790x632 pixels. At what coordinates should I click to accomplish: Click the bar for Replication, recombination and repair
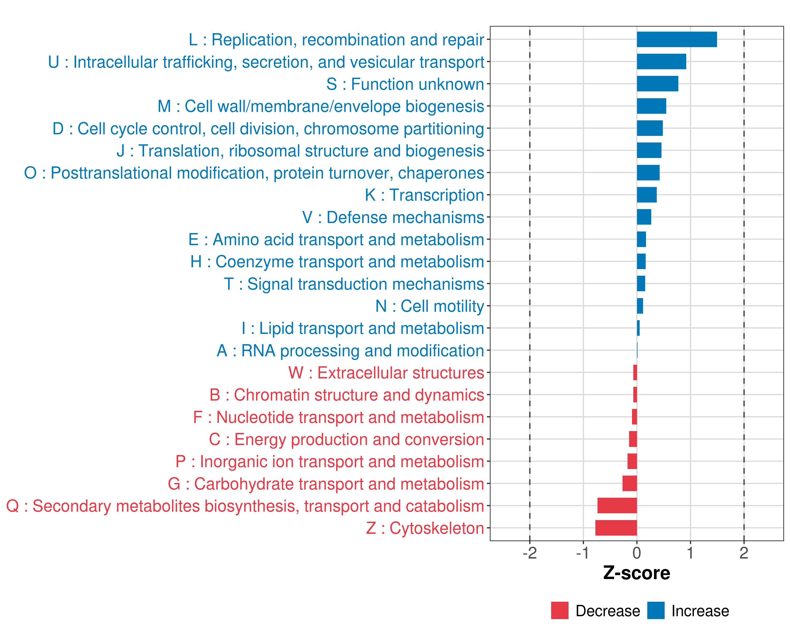pyautogui.click(x=677, y=39)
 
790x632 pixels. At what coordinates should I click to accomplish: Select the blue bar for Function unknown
pyautogui.click(x=657, y=84)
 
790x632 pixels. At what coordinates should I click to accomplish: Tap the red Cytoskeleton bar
pyautogui.click(x=616, y=528)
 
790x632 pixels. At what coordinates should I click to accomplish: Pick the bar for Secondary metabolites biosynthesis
pyautogui.click(x=617, y=506)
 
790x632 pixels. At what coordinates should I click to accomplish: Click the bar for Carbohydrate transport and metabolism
pyautogui.click(x=630, y=484)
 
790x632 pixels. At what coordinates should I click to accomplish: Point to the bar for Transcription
pyautogui.click(x=647, y=195)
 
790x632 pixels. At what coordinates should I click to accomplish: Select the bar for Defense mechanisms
pyautogui.click(x=644, y=217)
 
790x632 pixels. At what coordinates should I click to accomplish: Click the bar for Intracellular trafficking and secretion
pyautogui.click(x=661, y=62)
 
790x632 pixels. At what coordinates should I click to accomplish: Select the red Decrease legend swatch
pyautogui.click(x=560, y=611)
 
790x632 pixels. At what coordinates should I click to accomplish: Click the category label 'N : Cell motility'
pyautogui.click(x=429, y=306)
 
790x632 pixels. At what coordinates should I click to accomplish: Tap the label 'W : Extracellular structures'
pyautogui.click(x=386, y=373)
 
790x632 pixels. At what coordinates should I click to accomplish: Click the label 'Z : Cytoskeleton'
pyautogui.click(x=425, y=528)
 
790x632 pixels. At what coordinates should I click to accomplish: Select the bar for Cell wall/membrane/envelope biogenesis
pyautogui.click(x=651, y=106)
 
